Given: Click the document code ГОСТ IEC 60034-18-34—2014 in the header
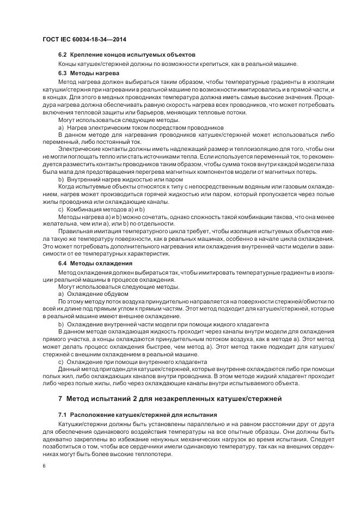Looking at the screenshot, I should click(x=80, y=40).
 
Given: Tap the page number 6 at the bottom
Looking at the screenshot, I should click(x=44, y=466).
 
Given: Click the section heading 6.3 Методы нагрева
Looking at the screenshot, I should click(x=89, y=72).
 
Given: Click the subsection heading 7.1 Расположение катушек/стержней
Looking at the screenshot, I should click(x=137, y=415).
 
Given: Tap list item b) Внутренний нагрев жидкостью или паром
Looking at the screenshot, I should click(x=120, y=179).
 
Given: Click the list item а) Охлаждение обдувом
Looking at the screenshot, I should click(x=93, y=293).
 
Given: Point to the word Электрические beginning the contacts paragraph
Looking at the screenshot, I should click(x=79, y=149).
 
